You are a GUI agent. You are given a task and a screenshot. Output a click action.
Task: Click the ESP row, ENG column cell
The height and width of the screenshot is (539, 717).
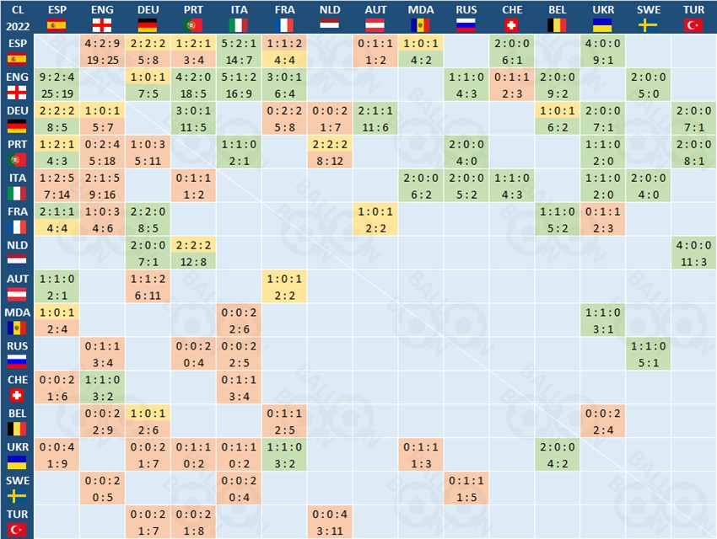pos(102,51)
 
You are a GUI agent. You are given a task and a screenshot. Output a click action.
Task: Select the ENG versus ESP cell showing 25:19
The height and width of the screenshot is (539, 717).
pos(57,85)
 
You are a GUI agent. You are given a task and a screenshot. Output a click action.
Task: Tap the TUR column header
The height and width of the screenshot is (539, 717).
pos(694,17)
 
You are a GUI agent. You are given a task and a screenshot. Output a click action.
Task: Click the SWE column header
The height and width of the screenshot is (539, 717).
pos(649,17)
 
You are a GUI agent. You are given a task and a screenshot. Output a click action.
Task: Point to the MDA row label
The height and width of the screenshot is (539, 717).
pos(17,320)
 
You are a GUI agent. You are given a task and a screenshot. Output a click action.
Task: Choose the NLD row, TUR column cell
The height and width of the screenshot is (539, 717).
pos(694,253)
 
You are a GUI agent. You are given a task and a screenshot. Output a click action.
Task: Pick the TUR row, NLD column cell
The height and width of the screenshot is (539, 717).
pos(330,521)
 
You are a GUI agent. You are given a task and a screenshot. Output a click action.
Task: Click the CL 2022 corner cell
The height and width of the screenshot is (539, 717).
pos(17,17)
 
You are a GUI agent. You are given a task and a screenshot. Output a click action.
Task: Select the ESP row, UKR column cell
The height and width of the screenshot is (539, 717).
pos(603,51)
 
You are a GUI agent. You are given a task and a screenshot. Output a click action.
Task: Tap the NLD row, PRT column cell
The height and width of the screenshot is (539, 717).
pos(193,253)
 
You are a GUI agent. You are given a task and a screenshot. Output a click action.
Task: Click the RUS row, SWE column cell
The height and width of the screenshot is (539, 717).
pos(649,354)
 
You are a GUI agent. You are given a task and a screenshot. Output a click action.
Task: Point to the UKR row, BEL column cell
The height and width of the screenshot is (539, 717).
pos(558,455)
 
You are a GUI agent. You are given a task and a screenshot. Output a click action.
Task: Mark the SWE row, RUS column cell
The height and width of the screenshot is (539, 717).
pos(466,488)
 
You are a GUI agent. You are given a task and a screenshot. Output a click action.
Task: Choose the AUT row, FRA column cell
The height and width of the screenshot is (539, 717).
pos(284,286)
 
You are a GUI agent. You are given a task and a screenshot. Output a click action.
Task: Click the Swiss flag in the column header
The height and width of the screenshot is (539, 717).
pos(512,24)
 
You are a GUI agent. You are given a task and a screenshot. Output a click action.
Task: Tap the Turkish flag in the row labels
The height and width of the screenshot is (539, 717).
pos(17,529)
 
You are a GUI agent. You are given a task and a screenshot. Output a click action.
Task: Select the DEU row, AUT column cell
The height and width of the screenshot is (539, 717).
pos(375,119)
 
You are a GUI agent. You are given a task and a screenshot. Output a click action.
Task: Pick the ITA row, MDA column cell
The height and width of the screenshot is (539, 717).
pos(421,186)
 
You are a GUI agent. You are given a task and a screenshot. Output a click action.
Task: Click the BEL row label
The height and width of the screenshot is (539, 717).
pos(17,421)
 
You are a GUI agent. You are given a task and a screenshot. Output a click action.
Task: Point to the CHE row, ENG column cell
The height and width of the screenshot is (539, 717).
pos(102,387)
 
